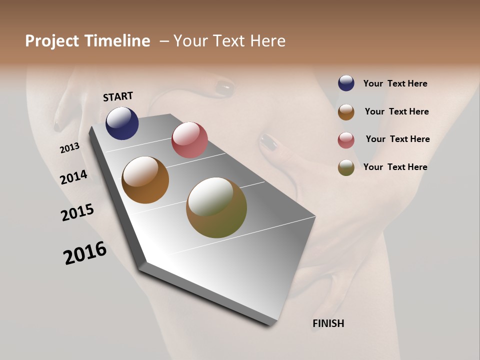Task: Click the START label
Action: pyautogui.click(x=118, y=96)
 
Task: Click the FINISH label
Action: pyautogui.click(x=328, y=323)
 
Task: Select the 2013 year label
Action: pyautogui.click(x=70, y=147)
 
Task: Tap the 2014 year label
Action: pyautogui.click(x=74, y=177)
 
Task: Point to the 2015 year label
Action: pyautogui.click(x=77, y=212)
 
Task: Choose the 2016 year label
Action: pyautogui.click(x=85, y=253)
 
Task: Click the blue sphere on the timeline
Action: pyautogui.click(x=122, y=123)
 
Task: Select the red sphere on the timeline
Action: pyautogui.click(x=189, y=140)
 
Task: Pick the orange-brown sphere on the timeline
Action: pyautogui.click(x=145, y=180)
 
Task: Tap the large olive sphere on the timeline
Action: pyautogui.click(x=216, y=207)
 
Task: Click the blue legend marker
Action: pyautogui.click(x=346, y=83)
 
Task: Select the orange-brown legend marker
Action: pyautogui.click(x=346, y=112)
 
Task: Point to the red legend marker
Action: pyautogui.click(x=346, y=140)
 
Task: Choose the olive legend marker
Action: pyautogui.click(x=346, y=167)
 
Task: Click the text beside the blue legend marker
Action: pyautogui.click(x=395, y=83)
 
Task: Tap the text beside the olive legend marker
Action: pyautogui.click(x=395, y=167)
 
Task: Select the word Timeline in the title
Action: pyautogui.click(x=117, y=41)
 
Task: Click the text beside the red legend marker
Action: pyautogui.click(x=397, y=139)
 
